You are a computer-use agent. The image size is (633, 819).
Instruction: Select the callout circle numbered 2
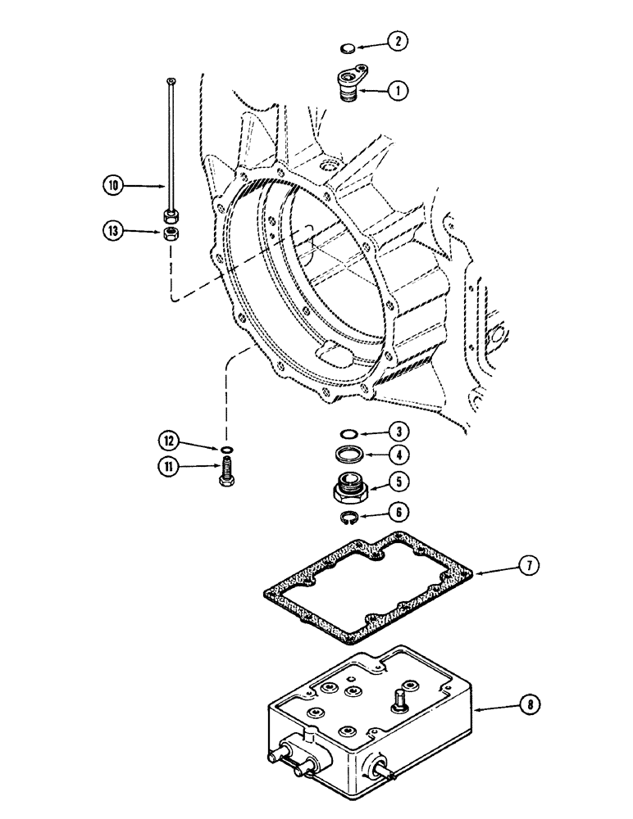(x=397, y=40)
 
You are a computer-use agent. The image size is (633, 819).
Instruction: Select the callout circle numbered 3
(x=397, y=430)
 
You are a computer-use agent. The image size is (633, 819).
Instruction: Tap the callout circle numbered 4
(x=398, y=453)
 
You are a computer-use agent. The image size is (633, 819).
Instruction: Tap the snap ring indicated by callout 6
(x=349, y=516)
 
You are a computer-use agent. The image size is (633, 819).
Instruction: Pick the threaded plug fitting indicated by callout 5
(x=349, y=488)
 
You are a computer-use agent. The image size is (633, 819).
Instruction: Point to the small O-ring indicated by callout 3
(x=348, y=433)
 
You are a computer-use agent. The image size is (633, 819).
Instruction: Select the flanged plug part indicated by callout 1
(x=349, y=86)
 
